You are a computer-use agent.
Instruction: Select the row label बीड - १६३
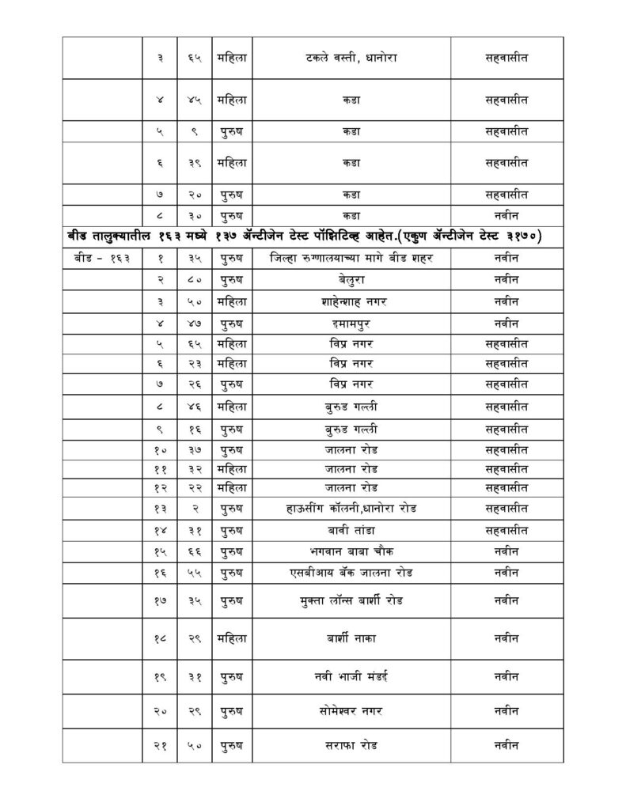click(x=101, y=258)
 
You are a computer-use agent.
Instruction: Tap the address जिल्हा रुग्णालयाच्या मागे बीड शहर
click(x=351, y=258)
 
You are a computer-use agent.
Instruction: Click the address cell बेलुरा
click(x=351, y=279)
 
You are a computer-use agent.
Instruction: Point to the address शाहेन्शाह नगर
click(x=351, y=301)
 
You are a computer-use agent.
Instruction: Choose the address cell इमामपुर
click(x=351, y=323)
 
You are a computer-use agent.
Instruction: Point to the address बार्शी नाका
click(x=351, y=636)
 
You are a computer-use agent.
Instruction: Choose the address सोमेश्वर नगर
click(x=351, y=711)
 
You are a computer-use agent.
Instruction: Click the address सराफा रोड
click(x=351, y=746)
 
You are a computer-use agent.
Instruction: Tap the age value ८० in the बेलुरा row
click(x=193, y=279)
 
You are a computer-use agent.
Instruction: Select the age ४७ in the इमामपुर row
click(x=193, y=323)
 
